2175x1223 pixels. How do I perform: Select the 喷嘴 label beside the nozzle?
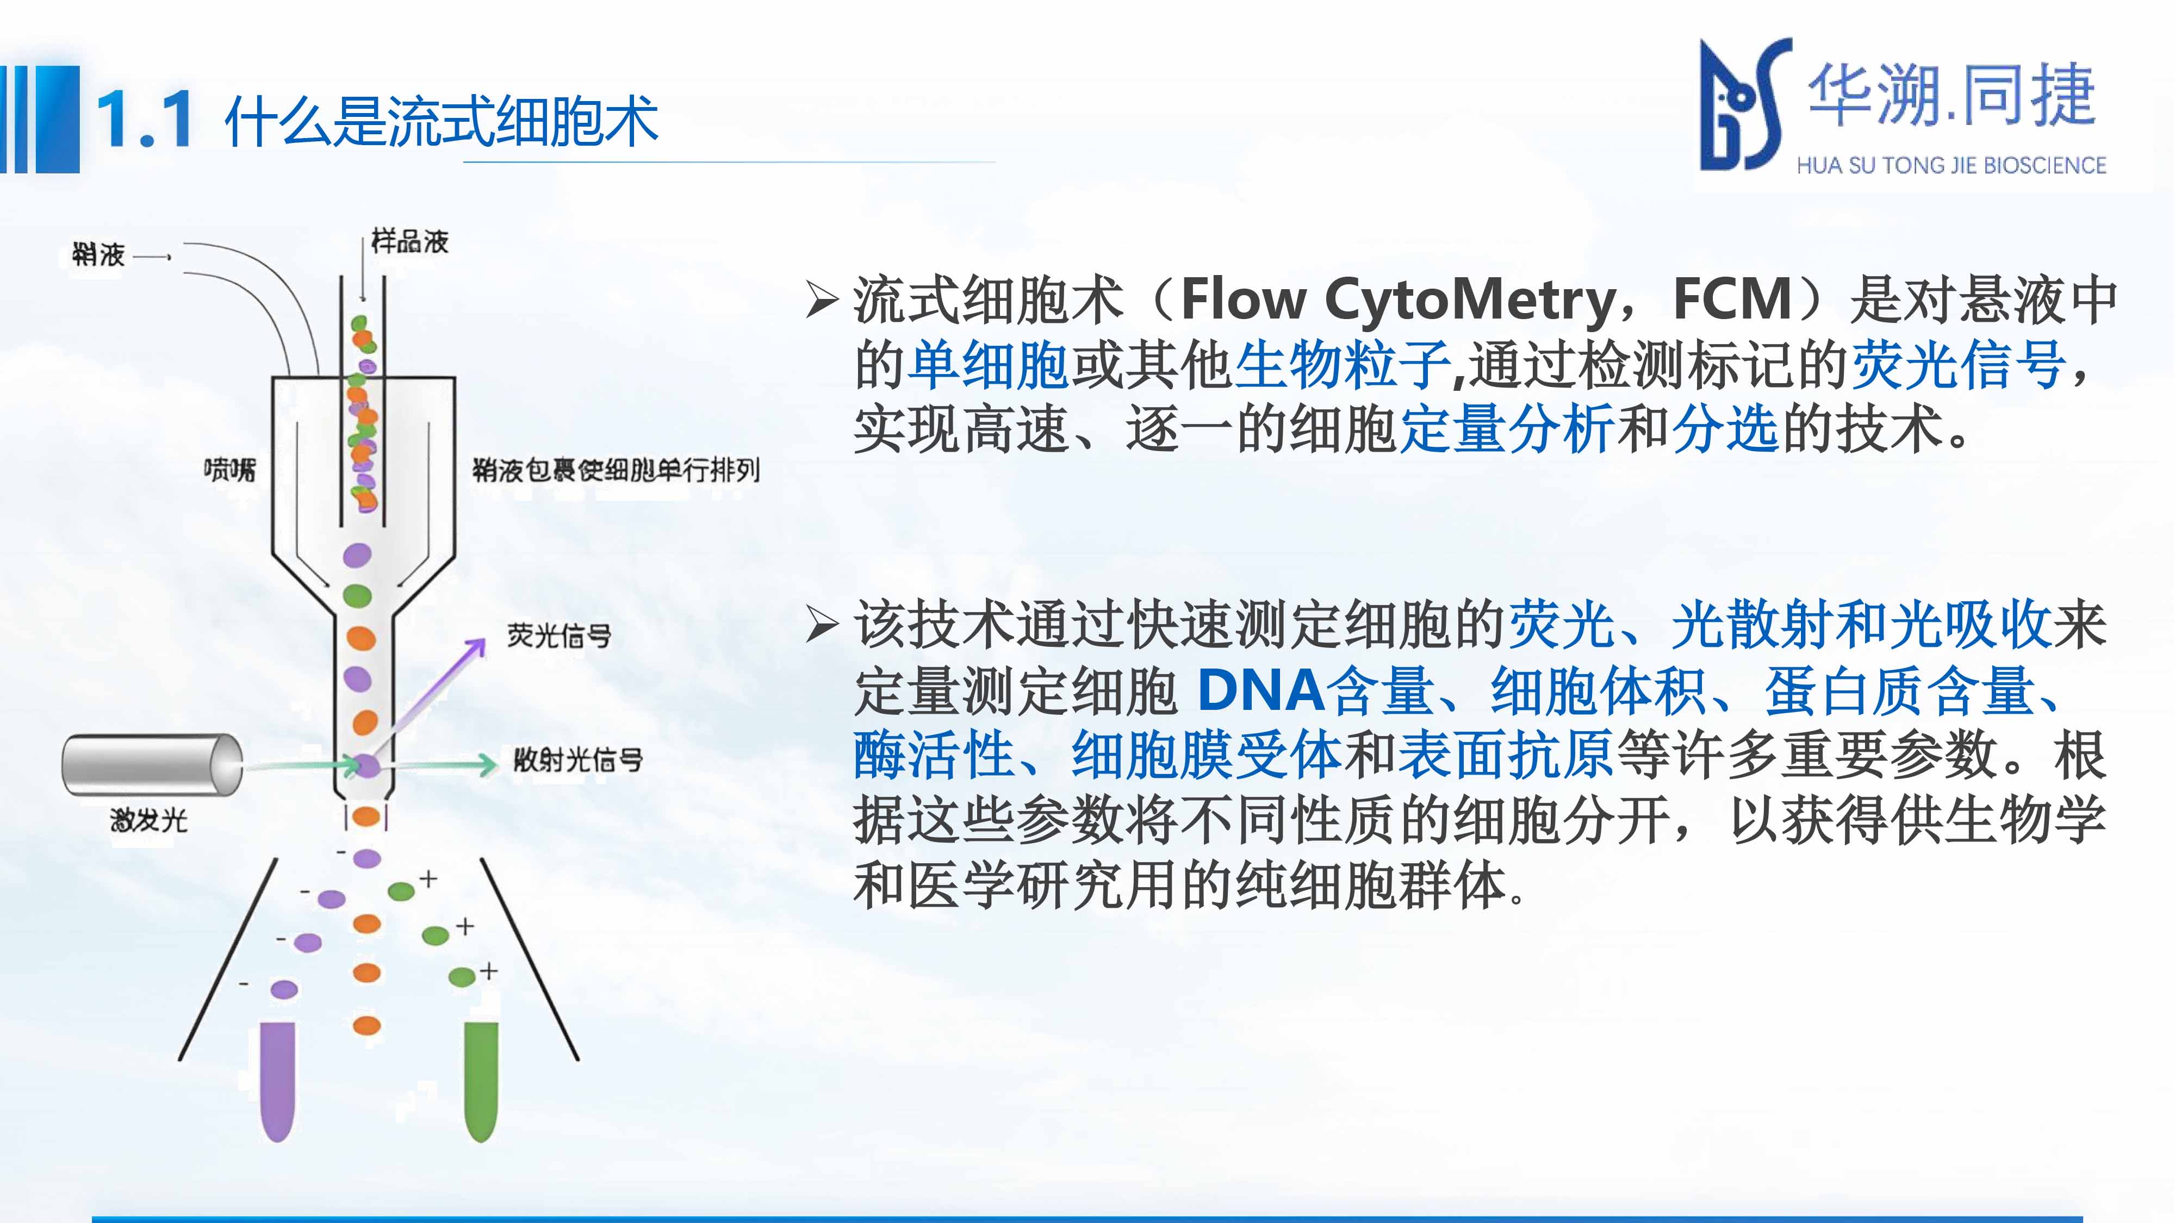(x=229, y=469)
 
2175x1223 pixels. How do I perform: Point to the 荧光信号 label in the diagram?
(x=559, y=635)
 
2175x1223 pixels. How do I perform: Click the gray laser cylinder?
(x=153, y=764)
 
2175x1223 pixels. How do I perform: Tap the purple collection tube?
(x=278, y=1081)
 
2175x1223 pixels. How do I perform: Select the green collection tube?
(x=481, y=1081)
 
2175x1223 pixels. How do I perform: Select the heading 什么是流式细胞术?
(x=441, y=121)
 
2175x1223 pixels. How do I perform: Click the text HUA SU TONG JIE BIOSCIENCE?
(x=1952, y=165)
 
